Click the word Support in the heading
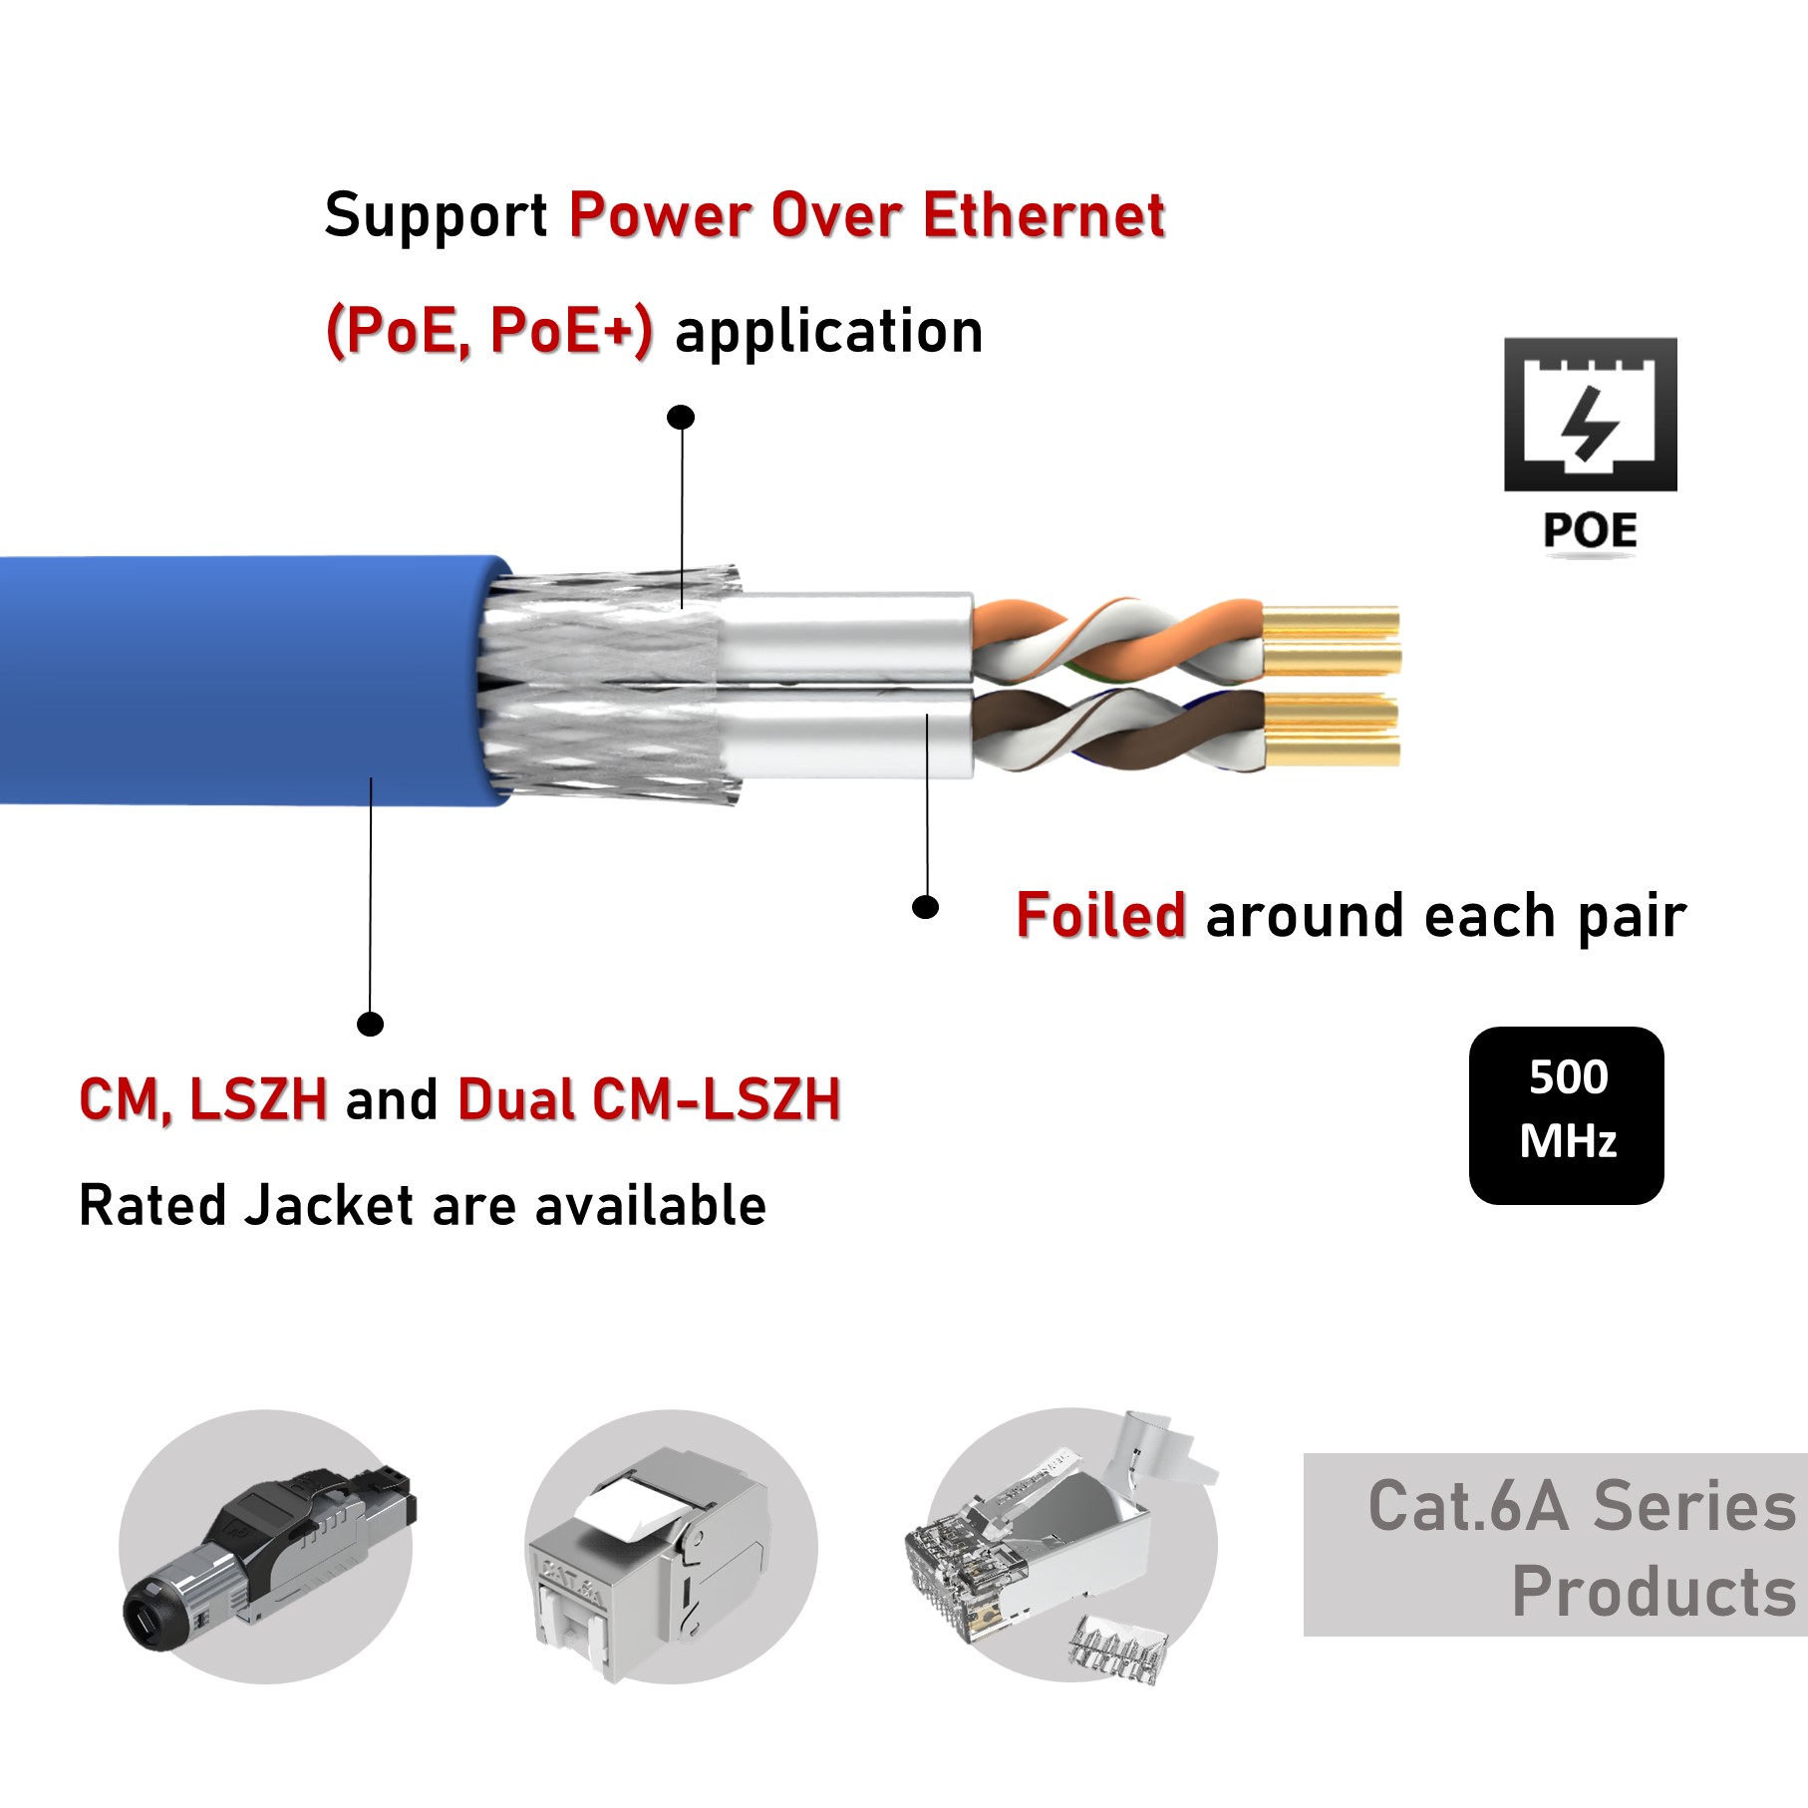[436, 216]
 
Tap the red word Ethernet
[1044, 216]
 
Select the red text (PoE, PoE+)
[489, 332]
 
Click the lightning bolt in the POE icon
[1589, 423]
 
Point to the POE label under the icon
[1590, 530]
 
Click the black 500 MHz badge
[1566, 1114]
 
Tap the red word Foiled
[1100, 916]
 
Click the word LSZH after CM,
[258, 1100]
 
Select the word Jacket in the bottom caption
[329, 1206]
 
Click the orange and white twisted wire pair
[1116, 638]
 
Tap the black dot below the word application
[681, 417]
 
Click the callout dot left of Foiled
[926, 907]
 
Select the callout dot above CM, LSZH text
[370, 1024]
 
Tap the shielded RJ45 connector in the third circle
[1037, 1550]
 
